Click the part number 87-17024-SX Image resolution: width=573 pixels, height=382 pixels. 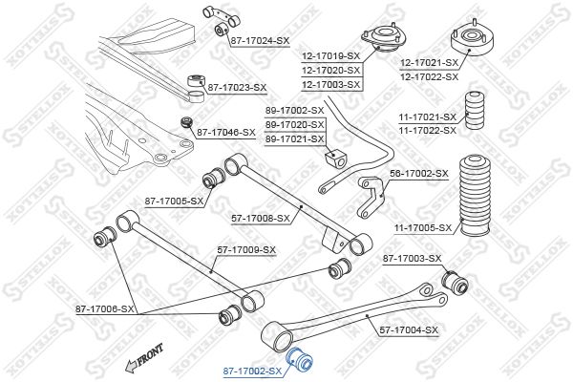[259, 41]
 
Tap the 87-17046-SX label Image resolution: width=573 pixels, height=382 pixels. [226, 132]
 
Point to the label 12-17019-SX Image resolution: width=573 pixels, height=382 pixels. [333, 56]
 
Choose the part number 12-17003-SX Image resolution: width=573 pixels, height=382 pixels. [333, 84]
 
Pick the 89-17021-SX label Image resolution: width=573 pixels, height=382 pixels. [293, 138]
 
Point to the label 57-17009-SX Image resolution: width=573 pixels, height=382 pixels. [246, 250]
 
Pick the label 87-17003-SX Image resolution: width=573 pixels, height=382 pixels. [413, 259]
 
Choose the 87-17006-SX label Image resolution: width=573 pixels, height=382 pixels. [106, 308]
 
